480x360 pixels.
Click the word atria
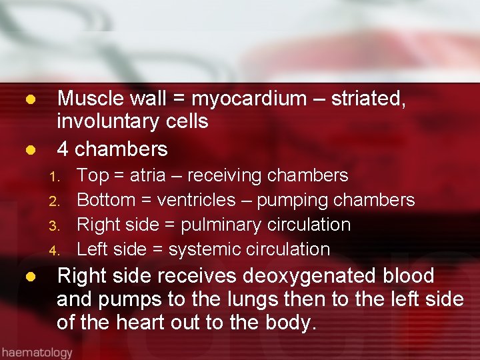(152, 175)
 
